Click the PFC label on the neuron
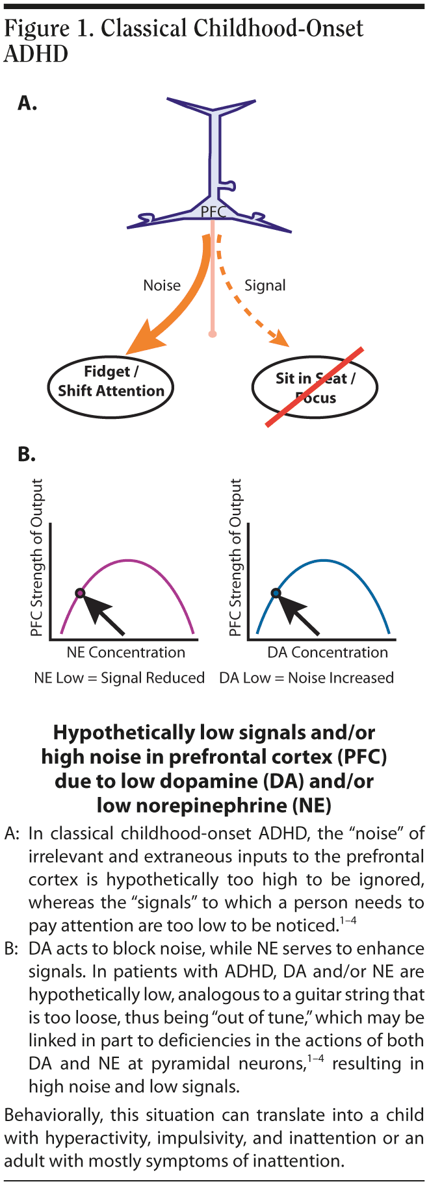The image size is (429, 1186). (x=213, y=212)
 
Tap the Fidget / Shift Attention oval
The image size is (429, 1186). (x=111, y=381)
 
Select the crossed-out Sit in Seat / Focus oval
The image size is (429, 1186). (x=315, y=388)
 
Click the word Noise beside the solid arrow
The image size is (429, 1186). (x=162, y=285)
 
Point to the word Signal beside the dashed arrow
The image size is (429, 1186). (x=265, y=285)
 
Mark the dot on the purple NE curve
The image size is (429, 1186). (x=80, y=592)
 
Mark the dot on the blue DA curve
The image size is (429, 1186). (x=276, y=592)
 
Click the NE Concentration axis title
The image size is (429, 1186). (x=126, y=652)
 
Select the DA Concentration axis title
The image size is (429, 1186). (x=328, y=652)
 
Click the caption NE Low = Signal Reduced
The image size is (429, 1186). (x=120, y=677)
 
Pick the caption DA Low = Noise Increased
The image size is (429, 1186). (x=307, y=677)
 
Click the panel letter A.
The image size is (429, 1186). (x=27, y=103)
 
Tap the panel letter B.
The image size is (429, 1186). (x=27, y=454)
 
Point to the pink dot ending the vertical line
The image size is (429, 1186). (x=212, y=334)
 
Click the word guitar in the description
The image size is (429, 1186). (x=319, y=994)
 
